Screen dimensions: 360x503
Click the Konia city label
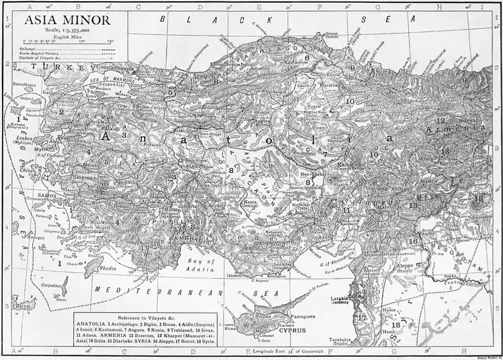249,202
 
